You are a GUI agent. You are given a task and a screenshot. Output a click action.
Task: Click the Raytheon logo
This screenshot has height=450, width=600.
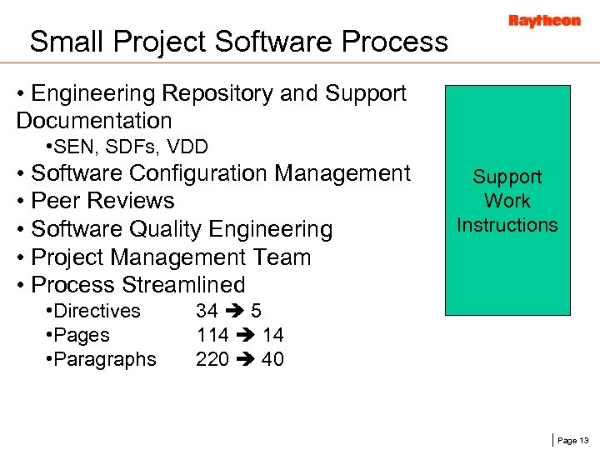pos(544,21)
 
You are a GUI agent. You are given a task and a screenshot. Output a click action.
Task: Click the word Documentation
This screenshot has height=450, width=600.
pos(93,121)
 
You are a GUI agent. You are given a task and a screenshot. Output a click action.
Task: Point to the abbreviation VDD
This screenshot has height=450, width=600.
pos(187,147)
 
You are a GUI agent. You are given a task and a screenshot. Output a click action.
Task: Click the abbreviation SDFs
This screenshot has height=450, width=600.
pos(135,147)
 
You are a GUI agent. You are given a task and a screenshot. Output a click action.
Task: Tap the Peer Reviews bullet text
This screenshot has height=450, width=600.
pos(102,201)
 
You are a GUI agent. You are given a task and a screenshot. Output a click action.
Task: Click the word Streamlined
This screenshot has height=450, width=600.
pos(183,285)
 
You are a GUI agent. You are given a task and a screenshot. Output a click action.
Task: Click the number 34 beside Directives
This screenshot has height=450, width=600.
pos(207,311)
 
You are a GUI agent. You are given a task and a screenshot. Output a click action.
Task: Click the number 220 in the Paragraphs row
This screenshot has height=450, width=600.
pos(212,359)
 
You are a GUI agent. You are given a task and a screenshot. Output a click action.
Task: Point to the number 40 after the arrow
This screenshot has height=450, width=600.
pos(272,359)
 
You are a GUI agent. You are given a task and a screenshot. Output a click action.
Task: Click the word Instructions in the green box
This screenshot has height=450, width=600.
pos(507,225)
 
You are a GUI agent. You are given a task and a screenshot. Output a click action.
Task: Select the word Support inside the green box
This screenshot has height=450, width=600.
pos(507,177)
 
